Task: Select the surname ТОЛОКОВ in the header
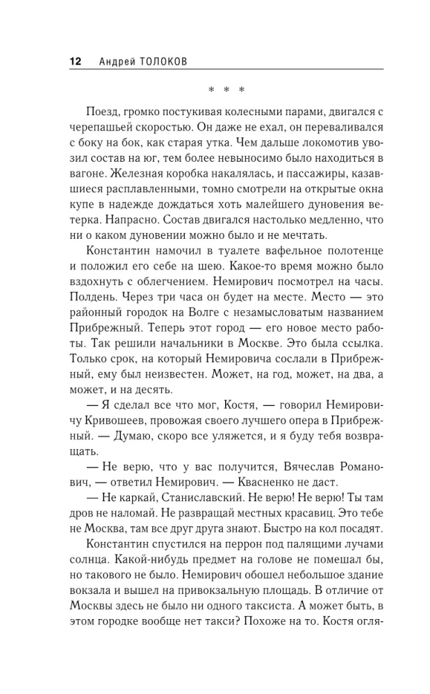click(x=163, y=62)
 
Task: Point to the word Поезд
click(x=103, y=112)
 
